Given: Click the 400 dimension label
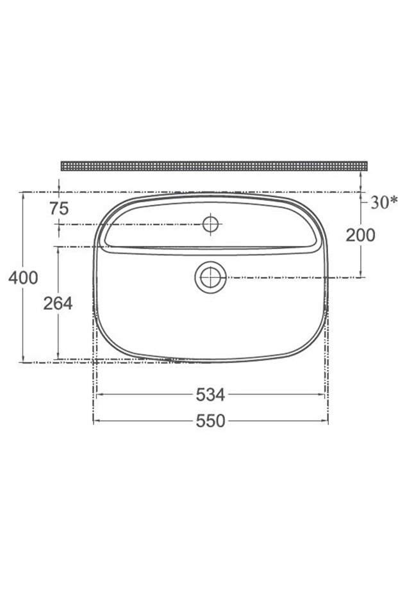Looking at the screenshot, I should (x=24, y=277).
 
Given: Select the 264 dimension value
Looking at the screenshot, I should (x=58, y=303).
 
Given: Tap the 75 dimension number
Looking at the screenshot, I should (x=58, y=208).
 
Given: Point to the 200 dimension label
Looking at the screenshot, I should (x=360, y=235).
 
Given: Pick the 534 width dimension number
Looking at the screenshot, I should (x=210, y=396).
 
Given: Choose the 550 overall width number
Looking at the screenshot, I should (x=210, y=421).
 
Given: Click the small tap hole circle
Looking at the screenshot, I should (x=210, y=224).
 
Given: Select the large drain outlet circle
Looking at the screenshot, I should (x=210, y=278).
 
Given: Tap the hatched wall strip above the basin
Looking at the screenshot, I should (x=214, y=166).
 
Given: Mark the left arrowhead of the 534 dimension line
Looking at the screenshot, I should (x=98, y=395).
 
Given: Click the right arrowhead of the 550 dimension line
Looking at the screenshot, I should (x=326, y=421).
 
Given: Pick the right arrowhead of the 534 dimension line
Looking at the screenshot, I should (x=322, y=395).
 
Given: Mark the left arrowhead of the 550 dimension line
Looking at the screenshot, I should (x=96, y=421).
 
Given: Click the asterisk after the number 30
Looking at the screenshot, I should (x=394, y=201).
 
